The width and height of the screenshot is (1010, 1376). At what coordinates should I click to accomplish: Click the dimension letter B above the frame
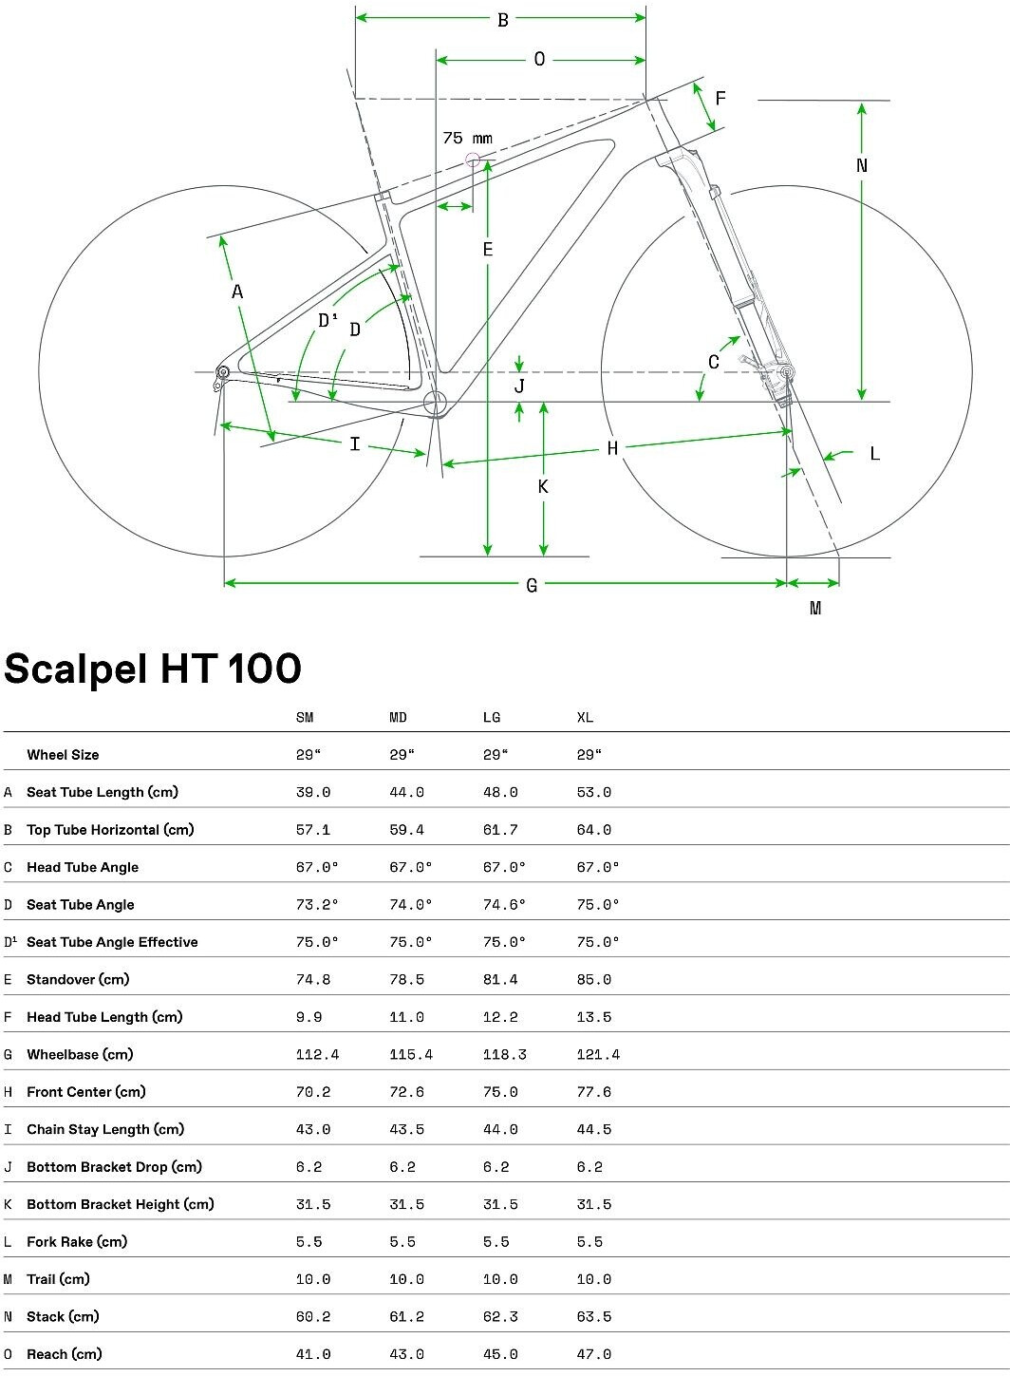[503, 19]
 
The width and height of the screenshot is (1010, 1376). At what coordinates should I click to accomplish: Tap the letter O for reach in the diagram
[539, 60]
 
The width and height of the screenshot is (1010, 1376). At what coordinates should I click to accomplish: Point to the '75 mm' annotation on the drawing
[468, 139]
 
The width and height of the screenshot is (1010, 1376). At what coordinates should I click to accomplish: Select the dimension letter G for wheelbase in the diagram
[532, 585]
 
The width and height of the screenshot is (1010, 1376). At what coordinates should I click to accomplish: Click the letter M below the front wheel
[814, 608]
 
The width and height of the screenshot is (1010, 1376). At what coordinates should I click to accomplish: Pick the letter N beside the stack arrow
[862, 165]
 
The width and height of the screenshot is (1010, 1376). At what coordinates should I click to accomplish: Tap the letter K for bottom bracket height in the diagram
[543, 487]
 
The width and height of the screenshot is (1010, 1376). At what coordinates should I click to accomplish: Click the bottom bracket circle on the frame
[435, 403]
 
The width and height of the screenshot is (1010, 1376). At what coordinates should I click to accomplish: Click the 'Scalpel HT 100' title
[153, 669]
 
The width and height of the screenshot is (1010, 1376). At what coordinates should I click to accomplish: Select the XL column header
[586, 718]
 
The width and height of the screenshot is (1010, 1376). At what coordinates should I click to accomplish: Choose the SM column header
[305, 718]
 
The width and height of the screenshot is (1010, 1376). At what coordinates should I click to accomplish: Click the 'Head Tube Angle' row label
[83, 867]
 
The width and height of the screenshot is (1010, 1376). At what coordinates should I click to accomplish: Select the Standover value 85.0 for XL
[594, 979]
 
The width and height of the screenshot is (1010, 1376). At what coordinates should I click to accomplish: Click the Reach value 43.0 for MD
[406, 1354]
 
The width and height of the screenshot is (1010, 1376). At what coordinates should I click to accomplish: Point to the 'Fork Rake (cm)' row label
[77, 1241]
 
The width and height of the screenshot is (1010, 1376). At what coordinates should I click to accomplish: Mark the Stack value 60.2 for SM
[313, 1316]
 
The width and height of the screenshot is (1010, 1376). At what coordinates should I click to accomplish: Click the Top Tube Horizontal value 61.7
[500, 830]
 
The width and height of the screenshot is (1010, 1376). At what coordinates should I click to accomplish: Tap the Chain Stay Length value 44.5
[594, 1129]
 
